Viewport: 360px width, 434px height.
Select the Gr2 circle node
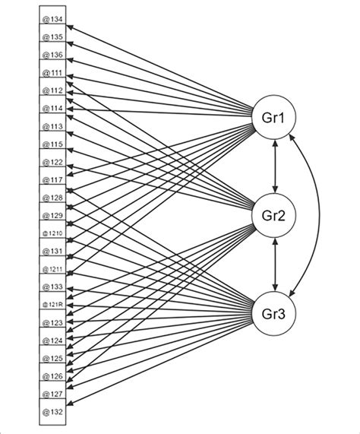tap(274, 217)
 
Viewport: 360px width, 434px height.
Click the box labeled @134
tap(52, 19)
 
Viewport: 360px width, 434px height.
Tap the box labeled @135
tap(52, 37)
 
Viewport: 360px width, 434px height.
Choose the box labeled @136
tap(52, 55)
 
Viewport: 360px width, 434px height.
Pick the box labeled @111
tap(52, 73)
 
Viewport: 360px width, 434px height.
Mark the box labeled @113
tap(52, 127)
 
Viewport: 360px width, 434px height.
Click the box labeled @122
tap(52, 163)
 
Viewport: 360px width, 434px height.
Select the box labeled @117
tap(52, 180)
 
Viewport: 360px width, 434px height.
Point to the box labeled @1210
tap(52, 234)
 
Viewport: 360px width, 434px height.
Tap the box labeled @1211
tap(52, 270)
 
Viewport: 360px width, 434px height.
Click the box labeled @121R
tap(52, 306)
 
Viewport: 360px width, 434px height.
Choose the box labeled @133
tap(52, 287)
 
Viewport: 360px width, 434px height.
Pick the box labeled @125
tap(52, 359)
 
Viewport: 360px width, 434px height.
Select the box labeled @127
tap(52, 394)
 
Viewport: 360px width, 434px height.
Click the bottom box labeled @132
tap(52, 412)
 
